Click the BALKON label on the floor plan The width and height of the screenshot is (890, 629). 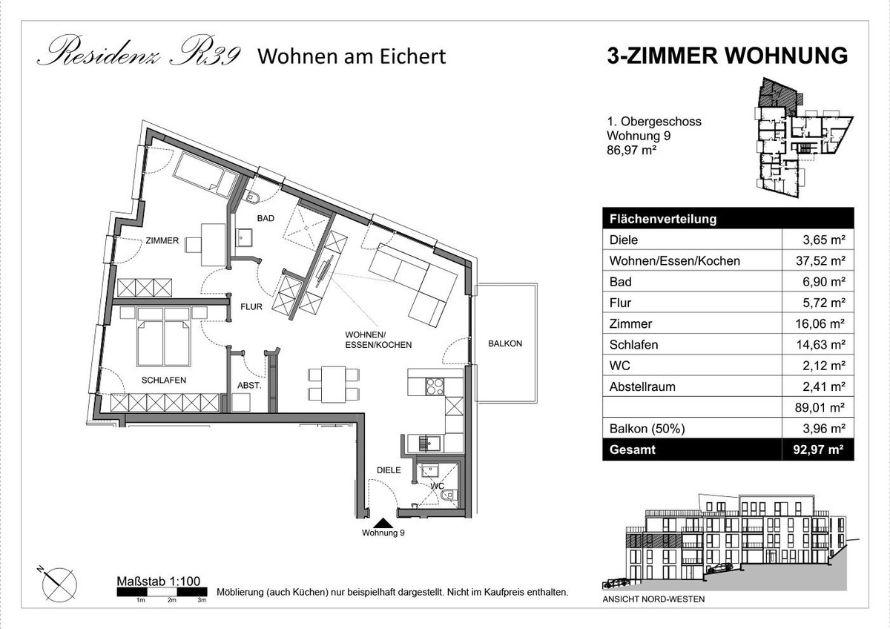(x=505, y=343)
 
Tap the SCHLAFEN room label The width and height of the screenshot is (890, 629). (x=164, y=381)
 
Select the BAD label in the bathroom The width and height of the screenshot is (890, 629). (x=266, y=218)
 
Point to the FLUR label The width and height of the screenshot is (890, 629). (x=251, y=307)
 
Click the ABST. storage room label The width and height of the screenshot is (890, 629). (x=249, y=386)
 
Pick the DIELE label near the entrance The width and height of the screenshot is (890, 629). (x=389, y=470)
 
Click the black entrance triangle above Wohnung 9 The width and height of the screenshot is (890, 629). (x=383, y=523)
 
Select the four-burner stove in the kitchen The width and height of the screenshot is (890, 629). (x=435, y=386)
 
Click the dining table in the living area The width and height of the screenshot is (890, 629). (x=333, y=384)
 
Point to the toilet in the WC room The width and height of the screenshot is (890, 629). (x=449, y=495)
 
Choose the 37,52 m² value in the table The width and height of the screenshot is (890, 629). (x=820, y=261)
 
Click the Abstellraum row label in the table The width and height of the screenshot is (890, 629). (x=642, y=386)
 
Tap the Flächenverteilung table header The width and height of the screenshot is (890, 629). (x=663, y=219)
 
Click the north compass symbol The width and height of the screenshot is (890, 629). (x=59, y=584)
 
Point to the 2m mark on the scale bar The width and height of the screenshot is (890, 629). (x=171, y=600)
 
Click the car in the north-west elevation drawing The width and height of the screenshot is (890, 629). (x=719, y=567)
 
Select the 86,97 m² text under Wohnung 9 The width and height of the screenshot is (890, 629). (x=631, y=150)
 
